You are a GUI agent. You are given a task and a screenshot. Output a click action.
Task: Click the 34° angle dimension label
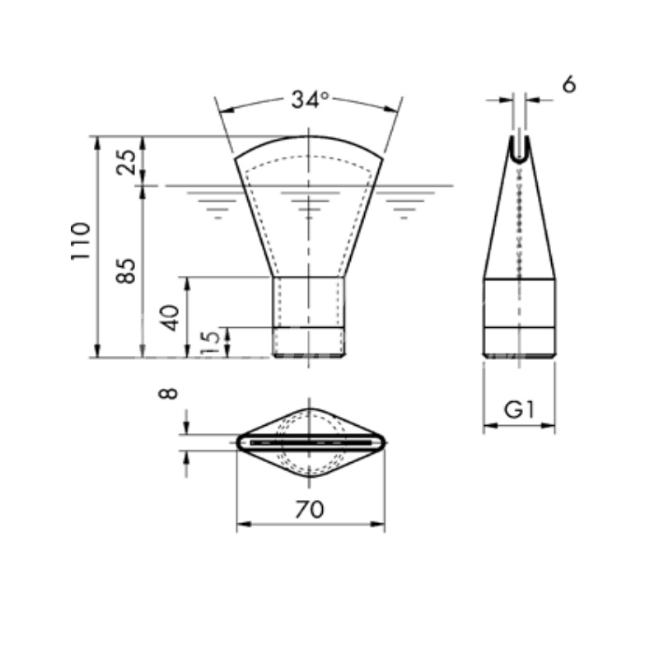pyautogui.click(x=311, y=99)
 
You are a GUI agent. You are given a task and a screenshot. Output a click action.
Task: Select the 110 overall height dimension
pyautogui.click(x=81, y=241)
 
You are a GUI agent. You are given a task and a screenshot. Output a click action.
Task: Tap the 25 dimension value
pyautogui.click(x=127, y=161)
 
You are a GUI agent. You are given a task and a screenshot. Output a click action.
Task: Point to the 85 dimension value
pyautogui.click(x=127, y=271)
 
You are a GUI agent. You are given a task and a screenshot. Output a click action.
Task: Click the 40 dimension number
pyautogui.click(x=171, y=318)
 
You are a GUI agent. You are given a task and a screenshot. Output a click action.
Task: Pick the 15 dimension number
pyautogui.click(x=211, y=342)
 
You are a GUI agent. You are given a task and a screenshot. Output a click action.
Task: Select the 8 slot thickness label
pyautogui.click(x=168, y=394)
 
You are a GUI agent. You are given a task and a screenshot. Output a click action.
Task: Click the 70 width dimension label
pyautogui.click(x=310, y=509)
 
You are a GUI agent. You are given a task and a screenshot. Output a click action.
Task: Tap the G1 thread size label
pyautogui.click(x=520, y=409)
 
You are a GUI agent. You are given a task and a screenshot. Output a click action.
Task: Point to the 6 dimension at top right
pyautogui.click(x=568, y=85)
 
